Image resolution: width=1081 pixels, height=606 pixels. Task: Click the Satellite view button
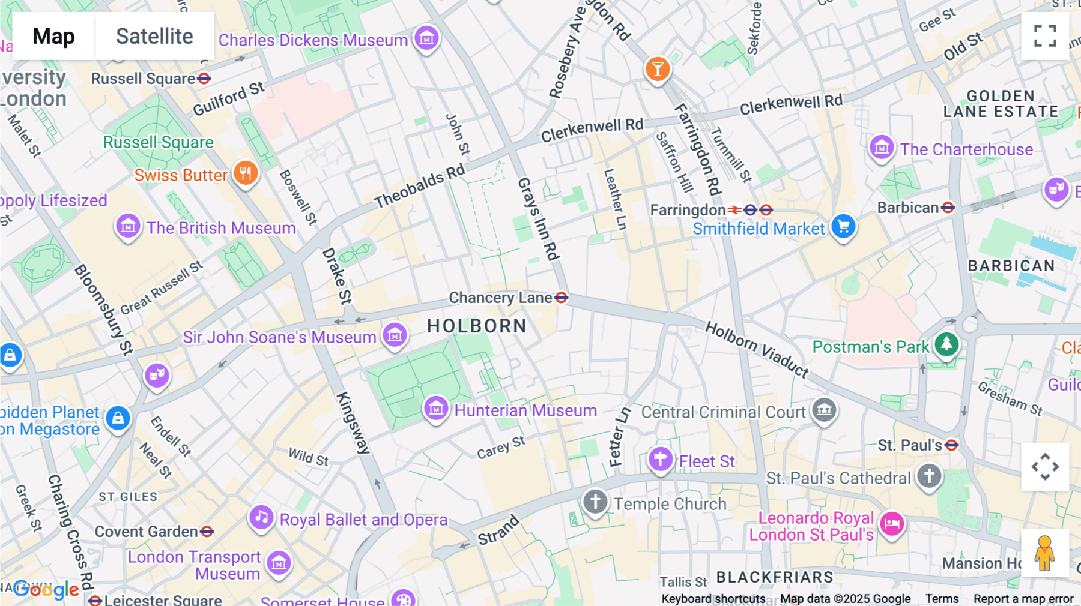pos(154,36)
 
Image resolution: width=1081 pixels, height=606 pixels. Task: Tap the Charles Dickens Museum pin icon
pos(426,38)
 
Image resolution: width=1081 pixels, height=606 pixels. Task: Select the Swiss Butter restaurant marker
pos(245,173)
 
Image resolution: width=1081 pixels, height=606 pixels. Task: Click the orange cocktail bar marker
pos(658,69)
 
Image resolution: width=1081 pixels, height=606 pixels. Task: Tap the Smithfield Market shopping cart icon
pos(843,227)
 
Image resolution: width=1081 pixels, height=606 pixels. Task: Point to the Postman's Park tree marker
pos(946,344)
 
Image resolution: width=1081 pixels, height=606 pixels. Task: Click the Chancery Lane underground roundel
pos(561,298)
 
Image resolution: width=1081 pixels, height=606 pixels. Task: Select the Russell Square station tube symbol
pos(204,79)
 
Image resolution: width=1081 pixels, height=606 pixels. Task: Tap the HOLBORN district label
pos(477,326)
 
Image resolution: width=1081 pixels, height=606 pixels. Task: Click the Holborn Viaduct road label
pos(757,349)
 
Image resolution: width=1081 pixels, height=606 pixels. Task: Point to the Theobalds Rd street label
pos(420,185)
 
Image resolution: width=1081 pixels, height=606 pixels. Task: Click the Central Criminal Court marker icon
pos(824,410)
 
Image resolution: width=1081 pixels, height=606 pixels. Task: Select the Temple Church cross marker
pos(595,502)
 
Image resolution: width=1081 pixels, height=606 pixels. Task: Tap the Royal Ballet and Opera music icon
pos(261,518)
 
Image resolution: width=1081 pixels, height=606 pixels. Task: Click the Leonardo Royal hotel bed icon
pos(892,524)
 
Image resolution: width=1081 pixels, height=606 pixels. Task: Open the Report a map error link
pos(1023,598)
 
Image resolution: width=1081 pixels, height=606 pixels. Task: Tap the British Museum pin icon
pos(128,227)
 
